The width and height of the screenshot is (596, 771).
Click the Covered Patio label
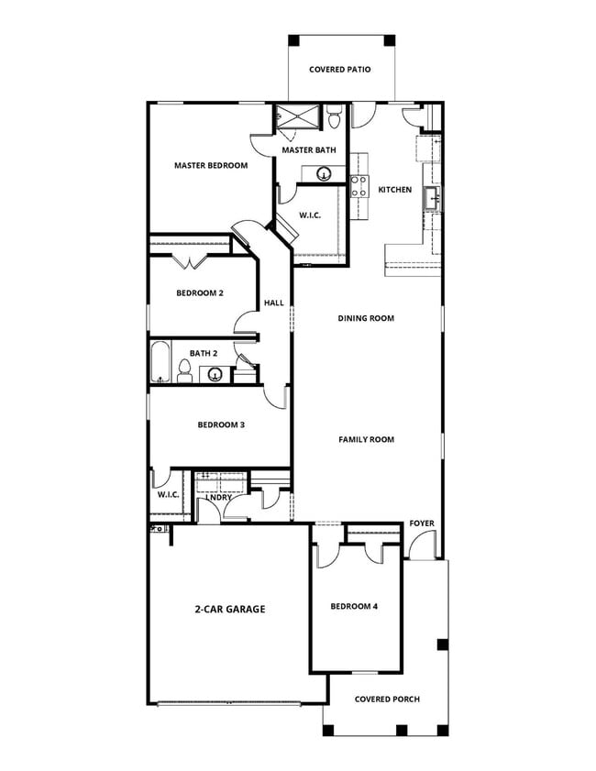coord(339,69)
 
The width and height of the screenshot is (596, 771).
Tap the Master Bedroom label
coord(211,166)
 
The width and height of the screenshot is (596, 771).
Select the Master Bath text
coord(308,149)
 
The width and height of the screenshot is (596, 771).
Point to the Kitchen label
coord(395,190)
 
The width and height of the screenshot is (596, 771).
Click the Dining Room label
coord(366,318)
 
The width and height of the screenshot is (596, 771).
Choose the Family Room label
coord(366,439)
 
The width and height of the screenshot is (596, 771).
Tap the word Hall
coord(274,303)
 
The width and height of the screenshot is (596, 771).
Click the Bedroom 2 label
coord(200,293)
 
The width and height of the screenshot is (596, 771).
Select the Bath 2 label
coord(203,353)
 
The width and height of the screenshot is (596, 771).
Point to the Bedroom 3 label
coord(220,424)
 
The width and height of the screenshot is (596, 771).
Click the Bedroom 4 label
coord(354,606)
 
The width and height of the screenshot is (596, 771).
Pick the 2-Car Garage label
coord(229,608)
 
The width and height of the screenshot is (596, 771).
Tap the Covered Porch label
coord(387,699)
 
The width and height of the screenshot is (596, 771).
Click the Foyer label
coord(422,523)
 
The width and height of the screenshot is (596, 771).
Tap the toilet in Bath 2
coord(184,370)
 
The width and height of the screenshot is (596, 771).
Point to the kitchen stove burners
coord(359,186)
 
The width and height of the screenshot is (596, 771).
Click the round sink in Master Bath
coord(324,173)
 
